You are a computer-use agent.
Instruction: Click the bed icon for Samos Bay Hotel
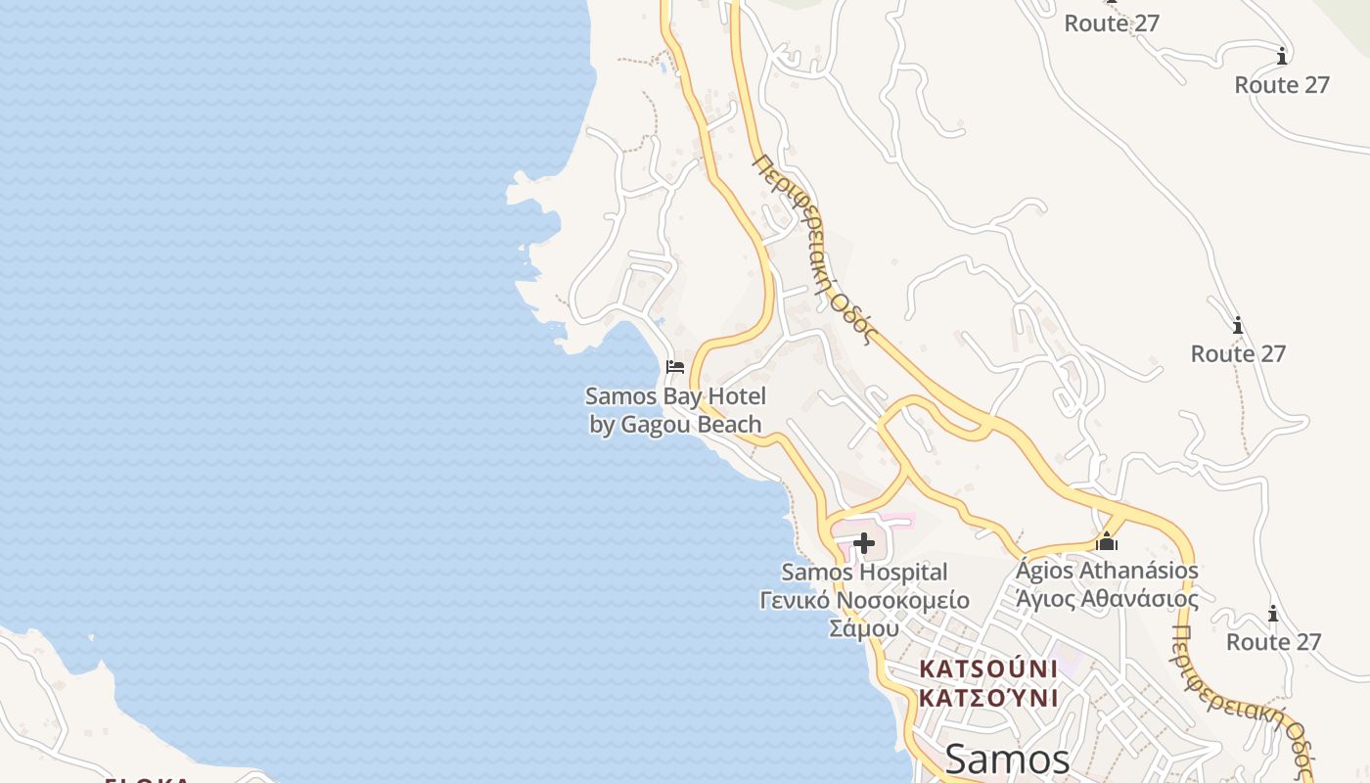click(674, 368)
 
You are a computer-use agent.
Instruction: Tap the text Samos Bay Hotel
click(675, 396)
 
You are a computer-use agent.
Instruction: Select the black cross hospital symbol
click(863, 542)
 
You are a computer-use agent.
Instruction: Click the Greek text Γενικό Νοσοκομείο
click(864, 600)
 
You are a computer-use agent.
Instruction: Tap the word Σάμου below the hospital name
click(864, 627)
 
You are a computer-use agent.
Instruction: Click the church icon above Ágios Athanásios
click(1107, 540)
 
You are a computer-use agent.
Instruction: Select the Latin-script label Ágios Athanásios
click(1107, 570)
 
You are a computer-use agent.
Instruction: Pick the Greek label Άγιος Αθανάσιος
click(1107, 598)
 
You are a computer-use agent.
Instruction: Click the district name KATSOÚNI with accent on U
click(988, 669)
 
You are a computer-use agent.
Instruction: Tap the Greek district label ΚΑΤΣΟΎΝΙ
click(988, 698)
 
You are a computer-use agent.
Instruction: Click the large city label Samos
click(1008, 760)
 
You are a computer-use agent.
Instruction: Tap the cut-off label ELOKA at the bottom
click(147, 779)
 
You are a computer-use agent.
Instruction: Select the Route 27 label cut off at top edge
click(1112, 23)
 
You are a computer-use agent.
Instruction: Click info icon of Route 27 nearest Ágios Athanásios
click(1272, 614)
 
